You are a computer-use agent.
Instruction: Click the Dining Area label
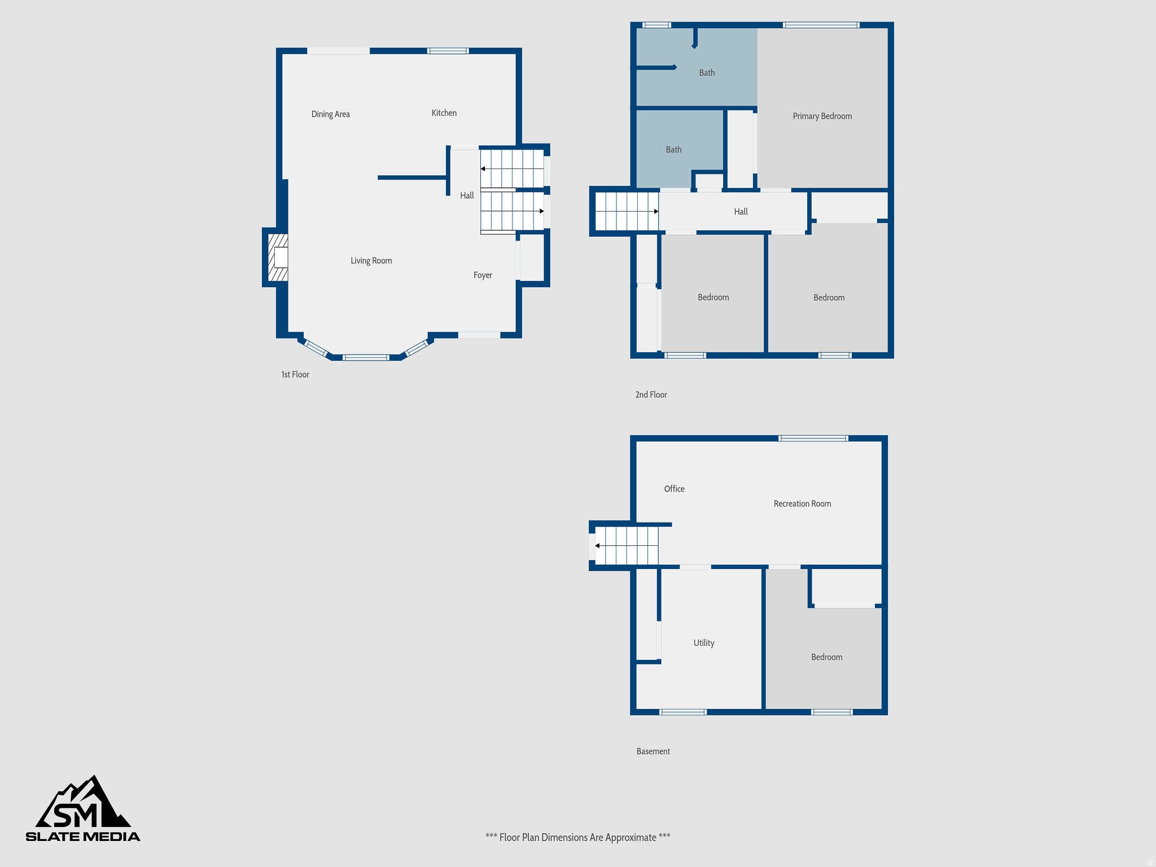pos(330,114)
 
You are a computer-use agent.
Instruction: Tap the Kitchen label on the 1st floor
pos(444,113)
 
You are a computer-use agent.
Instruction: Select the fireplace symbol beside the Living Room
pos(278,257)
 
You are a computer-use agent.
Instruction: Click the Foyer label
pos(483,275)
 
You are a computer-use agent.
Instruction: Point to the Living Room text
pos(371,261)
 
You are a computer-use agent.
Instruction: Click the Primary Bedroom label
pos(822,116)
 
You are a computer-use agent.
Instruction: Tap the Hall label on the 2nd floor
pos(741,212)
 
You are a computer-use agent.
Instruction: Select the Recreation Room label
pos(802,503)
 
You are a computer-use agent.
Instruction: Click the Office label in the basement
pos(674,489)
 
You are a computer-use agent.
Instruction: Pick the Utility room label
pos(703,643)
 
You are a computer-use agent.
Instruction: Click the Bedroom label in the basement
pos(826,657)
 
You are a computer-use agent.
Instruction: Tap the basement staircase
pos(627,546)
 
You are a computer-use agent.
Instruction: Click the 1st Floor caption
pos(295,375)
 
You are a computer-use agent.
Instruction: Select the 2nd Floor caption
pos(651,395)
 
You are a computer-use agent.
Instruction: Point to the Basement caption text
pos(653,751)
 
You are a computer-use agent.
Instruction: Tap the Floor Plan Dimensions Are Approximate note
pos(577,838)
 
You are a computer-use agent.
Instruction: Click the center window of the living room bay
pos(366,357)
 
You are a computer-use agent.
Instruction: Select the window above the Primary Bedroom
pos(821,25)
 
